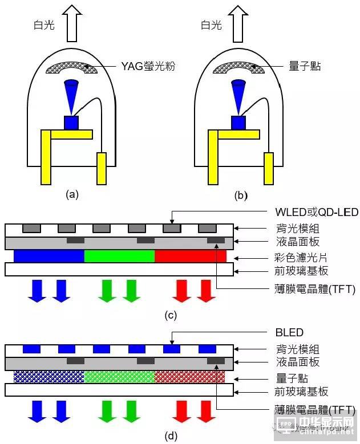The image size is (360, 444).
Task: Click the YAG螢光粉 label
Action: click(147, 67)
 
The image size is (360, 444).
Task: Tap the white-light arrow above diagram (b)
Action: click(240, 22)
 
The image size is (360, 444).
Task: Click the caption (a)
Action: click(72, 195)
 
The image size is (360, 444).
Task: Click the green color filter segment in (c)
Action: click(119, 255)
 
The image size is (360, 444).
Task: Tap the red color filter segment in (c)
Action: click(190, 255)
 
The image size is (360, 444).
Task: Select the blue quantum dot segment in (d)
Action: click(49, 376)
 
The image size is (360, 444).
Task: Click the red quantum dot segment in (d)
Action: click(190, 376)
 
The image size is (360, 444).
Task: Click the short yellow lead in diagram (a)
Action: click(102, 168)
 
